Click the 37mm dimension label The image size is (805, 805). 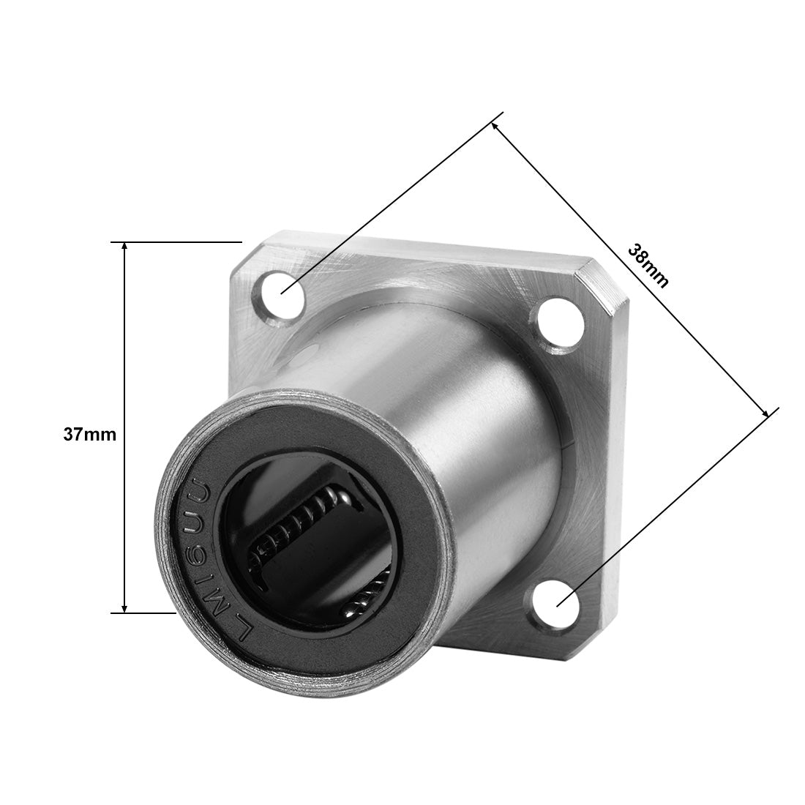click(x=90, y=435)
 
